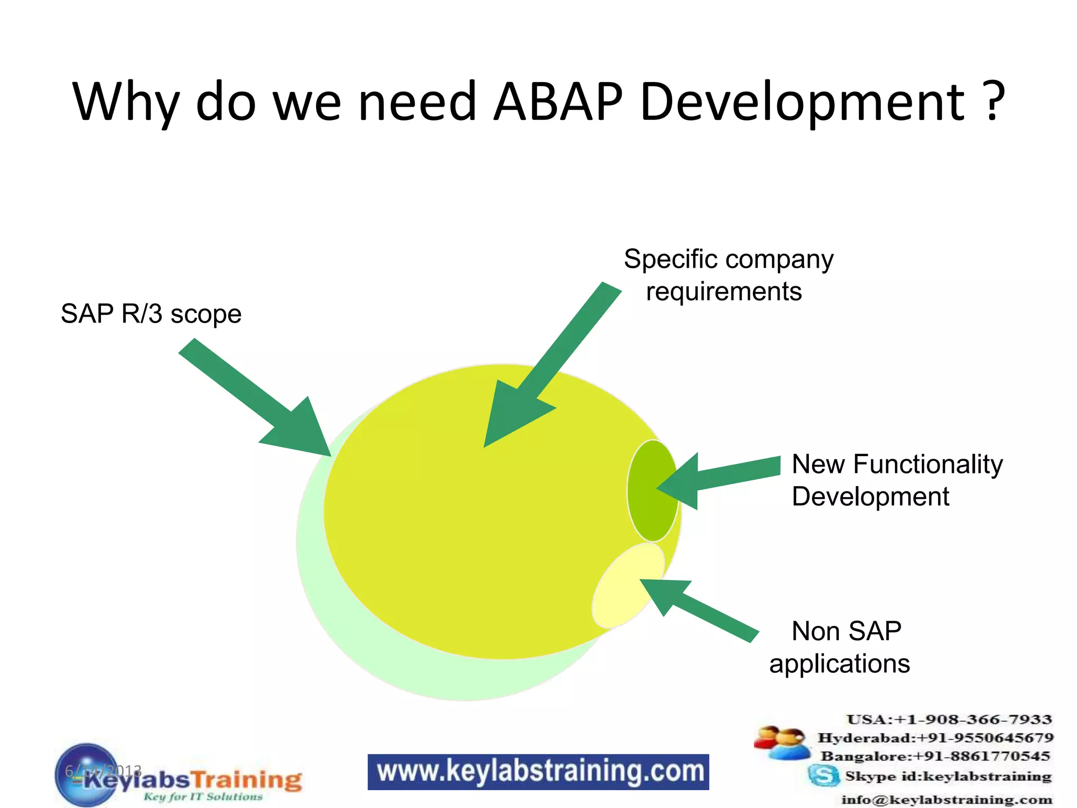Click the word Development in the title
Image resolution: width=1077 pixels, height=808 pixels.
(x=802, y=102)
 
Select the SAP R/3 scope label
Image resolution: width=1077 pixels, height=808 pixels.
(x=151, y=314)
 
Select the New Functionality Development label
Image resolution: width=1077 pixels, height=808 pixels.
(x=897, y=480)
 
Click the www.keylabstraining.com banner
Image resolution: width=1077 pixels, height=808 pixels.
(x=538, y=772)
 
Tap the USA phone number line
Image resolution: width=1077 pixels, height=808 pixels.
(x=949, y=720)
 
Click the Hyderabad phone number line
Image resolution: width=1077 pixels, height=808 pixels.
(x=935, y=738)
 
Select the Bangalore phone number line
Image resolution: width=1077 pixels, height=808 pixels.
(x=935, y=756)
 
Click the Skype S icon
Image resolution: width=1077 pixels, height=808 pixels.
(x=824, y=775)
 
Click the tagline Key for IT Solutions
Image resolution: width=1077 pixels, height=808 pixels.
(x=203, y=797)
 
